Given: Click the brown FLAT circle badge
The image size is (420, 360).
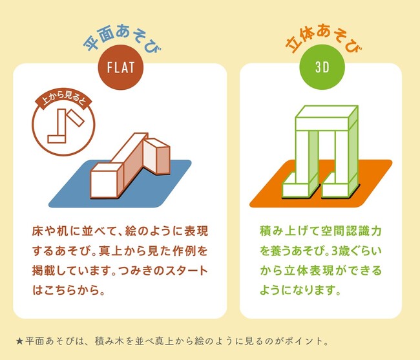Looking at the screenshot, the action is tap(121, 67).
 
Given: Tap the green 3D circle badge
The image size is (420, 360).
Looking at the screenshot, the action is tap(322, 67).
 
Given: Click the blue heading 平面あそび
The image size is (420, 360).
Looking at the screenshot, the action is tap(122, 38).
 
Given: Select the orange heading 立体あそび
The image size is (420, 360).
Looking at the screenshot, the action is tap(323, 38).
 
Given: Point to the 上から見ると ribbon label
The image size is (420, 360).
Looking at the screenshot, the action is tap(63, 100).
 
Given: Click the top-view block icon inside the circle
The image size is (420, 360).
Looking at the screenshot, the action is tap(66, 125).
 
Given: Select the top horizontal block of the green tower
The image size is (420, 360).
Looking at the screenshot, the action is tap(327, 118).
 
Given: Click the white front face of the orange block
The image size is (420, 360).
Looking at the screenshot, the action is tap(104, 185).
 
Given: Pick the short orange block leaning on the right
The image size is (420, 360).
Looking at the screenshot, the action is tap(157, 156).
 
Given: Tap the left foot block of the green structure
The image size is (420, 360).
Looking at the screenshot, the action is tap(300, 187).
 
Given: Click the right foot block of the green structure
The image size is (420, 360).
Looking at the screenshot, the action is tap(340, 187).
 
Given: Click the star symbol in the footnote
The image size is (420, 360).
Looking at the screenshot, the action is tap(19, 341).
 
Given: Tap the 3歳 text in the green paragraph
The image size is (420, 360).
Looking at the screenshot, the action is tap(339, 251).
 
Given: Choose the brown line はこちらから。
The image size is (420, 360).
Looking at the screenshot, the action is tap(69, 290).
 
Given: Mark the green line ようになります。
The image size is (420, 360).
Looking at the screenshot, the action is tap(300, 290).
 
